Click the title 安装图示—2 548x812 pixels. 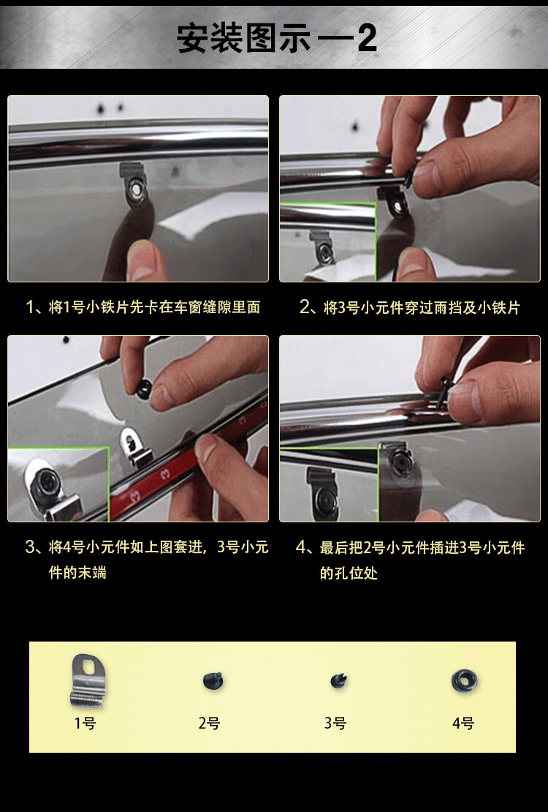click(276, 38)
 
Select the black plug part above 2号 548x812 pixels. click(213, 680)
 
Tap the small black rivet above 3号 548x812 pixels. click(338, 680)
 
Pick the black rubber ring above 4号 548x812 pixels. click(464, 680)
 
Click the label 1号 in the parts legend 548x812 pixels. click(85, 723)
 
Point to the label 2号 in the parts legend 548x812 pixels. click(210, 723)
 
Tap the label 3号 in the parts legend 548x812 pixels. click(335, 723)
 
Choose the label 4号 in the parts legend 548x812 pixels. click(463, 723)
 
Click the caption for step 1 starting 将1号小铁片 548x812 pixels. click(142, 307)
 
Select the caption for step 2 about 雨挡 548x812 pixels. click(409, 307)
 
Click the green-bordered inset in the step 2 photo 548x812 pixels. click(327, 241)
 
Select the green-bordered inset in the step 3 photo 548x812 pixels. click(58, 484)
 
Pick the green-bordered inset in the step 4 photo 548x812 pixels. click(329, 484)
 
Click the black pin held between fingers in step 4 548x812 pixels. click(444, 394)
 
